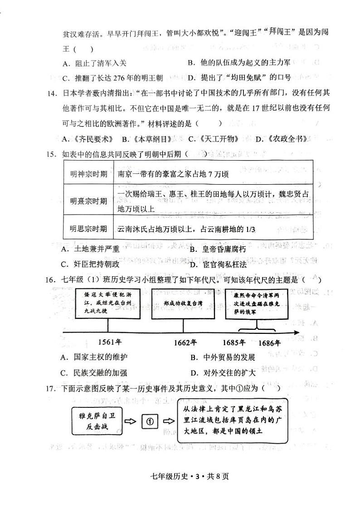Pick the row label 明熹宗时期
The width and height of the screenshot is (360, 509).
[89, 201]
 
